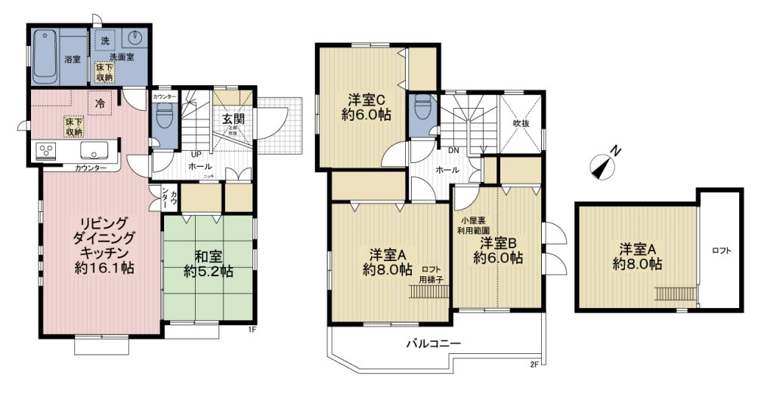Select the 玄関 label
point(233,118)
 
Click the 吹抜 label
point(520,122)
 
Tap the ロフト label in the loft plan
point(721,251)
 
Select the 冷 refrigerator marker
point(100,101)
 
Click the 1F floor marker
point(253,329)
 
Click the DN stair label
point(453,150)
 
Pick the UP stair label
point(194,154)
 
